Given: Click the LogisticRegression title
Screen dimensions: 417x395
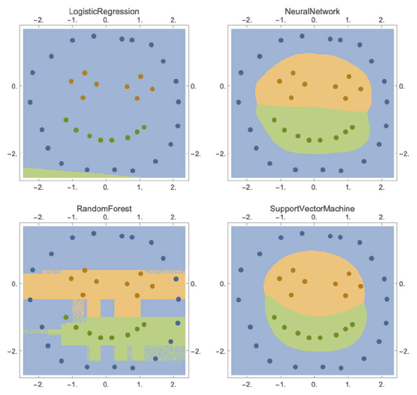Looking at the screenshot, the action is coord(104,12).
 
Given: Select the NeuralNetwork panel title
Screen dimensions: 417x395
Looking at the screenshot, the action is coord(312,12).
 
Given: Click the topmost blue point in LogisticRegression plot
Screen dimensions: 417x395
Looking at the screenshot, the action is coord(94,36).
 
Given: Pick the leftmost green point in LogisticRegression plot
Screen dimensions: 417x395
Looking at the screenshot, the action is coord(66,120).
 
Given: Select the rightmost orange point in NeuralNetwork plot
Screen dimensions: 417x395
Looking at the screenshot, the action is coord(361,89).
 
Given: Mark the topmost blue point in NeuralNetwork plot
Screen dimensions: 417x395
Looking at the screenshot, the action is coord(302,36).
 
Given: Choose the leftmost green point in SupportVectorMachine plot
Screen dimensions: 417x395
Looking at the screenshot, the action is coord(274,317).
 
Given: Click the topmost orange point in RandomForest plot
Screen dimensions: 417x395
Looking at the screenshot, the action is coord(84,270).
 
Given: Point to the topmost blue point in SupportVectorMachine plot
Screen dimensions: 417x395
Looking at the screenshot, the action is coord(302,234).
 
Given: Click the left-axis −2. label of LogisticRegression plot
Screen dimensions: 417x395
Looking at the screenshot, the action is coord(12,154).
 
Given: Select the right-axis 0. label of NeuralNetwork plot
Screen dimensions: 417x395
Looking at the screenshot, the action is coord(402,86).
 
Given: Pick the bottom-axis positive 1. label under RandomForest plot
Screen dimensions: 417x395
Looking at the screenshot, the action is coord(140,385).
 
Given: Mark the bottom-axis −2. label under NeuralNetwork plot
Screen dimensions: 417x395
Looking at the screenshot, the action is coord(247,187).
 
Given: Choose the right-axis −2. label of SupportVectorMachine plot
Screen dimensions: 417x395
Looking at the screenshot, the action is coord(404,351).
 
